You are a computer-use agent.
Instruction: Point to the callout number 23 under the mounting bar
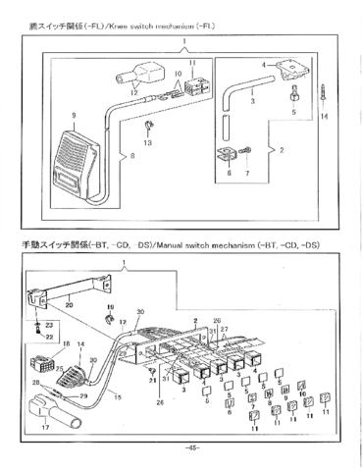click(48, 325)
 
